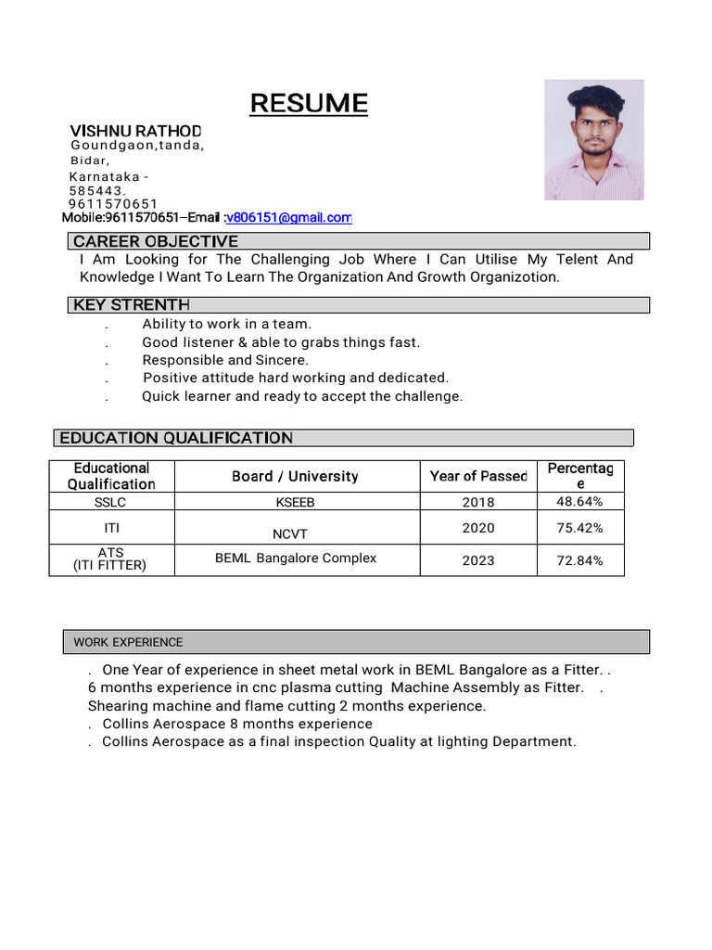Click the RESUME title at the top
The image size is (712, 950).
(x=309, y=104)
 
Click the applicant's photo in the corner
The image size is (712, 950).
(x=593, y=139)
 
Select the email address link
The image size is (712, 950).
(x=289, y=218)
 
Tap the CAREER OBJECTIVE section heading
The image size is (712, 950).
(x=156, y=242)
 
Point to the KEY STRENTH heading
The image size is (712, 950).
(x=131, y=305)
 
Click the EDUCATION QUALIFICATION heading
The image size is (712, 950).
(x=176, y=438)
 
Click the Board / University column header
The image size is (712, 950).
(x=295, y=476)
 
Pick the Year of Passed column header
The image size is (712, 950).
(x=478, y=476)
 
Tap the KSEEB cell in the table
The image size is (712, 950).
(x=295, y=503)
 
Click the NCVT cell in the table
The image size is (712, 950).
(x=289, y=534)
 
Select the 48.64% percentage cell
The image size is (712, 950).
(x=579, y=502)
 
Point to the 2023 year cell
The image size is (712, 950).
(x=478, y=560)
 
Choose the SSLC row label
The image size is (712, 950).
(x=110, y=503)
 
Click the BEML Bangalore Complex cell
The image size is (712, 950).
(x=296, y=558)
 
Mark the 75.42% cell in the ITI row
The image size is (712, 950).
(x=579, y=528)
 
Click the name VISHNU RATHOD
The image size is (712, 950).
(x=136, y=131)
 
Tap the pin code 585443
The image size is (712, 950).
(x=96, y=190)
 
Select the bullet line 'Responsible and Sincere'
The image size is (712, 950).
(x=225, y=360)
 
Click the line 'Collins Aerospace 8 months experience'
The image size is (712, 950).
(x=237, y=724)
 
